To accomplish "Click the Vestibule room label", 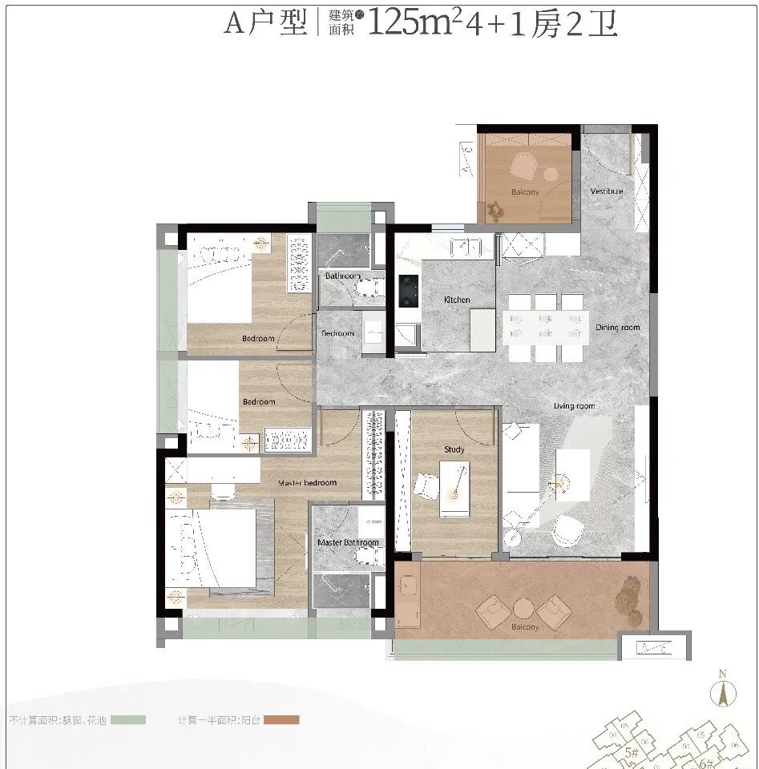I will click(x=607, y=191).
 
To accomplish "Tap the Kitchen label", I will click(x=457, y=300).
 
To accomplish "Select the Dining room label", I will click(x=617, y=328).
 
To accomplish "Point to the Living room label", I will click(x=575, y=406).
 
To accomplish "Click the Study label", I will click(x=454, y=450).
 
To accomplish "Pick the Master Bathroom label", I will click(x=348, y=542).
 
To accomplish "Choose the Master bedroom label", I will click(x=307, y=483).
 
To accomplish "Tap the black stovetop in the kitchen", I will click(x=409, y=291).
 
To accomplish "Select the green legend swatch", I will click(x=128, y=720).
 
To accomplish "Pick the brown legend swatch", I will click(x=280, y=720).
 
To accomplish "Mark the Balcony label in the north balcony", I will click(x=525, y=192).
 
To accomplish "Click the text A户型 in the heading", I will click(x=265, y=24).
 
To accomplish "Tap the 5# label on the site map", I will click(x=631, y=752).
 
